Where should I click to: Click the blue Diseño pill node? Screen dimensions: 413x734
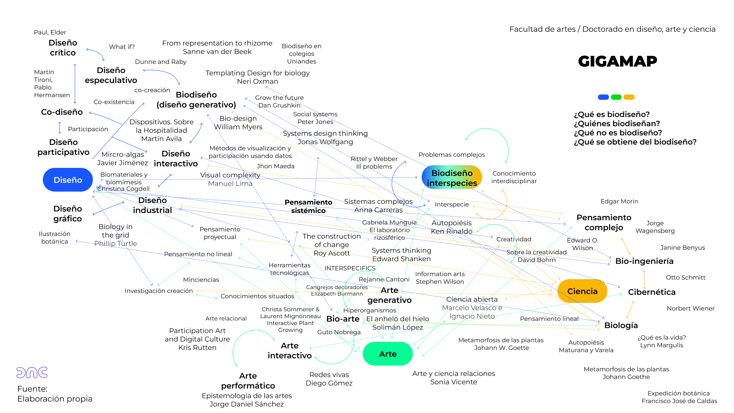coord(68,180)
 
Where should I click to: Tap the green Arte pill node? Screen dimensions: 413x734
coord(388,354)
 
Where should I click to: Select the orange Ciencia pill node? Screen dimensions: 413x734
coord(582,291)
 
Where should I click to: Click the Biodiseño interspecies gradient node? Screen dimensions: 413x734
coord(452,178)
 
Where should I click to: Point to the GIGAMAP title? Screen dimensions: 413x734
coord(617,61)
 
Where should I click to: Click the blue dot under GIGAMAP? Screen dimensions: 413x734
coord(603,97)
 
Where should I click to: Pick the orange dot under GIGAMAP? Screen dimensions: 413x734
coord(629,97)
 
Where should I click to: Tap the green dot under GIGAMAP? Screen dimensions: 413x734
coord(616,97)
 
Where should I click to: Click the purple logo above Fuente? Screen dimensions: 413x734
coord(32,372)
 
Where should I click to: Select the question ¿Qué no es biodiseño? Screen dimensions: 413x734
coord(618,133)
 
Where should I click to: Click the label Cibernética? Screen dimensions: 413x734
coord(652,292)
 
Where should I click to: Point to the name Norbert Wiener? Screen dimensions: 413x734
coord(690,308)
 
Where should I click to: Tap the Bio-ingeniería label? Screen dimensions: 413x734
coord(644,261)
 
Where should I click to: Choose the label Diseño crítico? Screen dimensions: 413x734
coord(63,48)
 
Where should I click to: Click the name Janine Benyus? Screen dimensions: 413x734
coord(682,247)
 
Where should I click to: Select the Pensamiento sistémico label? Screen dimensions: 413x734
coord(308,206)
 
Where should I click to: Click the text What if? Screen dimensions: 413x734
coord(122,47)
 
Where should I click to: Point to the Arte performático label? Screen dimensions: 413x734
coord(248,380)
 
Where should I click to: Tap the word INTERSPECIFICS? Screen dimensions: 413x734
coord(350,268)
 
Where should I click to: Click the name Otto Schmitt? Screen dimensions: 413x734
coord(685,277)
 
